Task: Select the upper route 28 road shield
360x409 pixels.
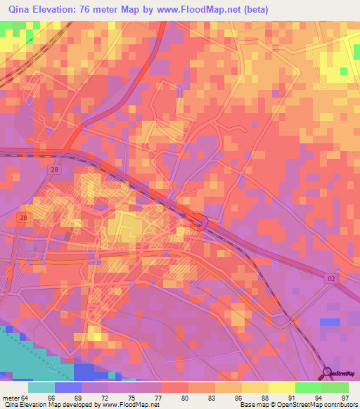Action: point(55,170)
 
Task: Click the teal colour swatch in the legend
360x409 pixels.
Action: point(41,387)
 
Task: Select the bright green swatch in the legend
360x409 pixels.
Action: point(308,387)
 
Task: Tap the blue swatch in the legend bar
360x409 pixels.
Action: point(67,387)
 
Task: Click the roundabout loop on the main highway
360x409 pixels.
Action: point(202,224)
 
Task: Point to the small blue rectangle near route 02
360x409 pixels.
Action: point(329,322)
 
